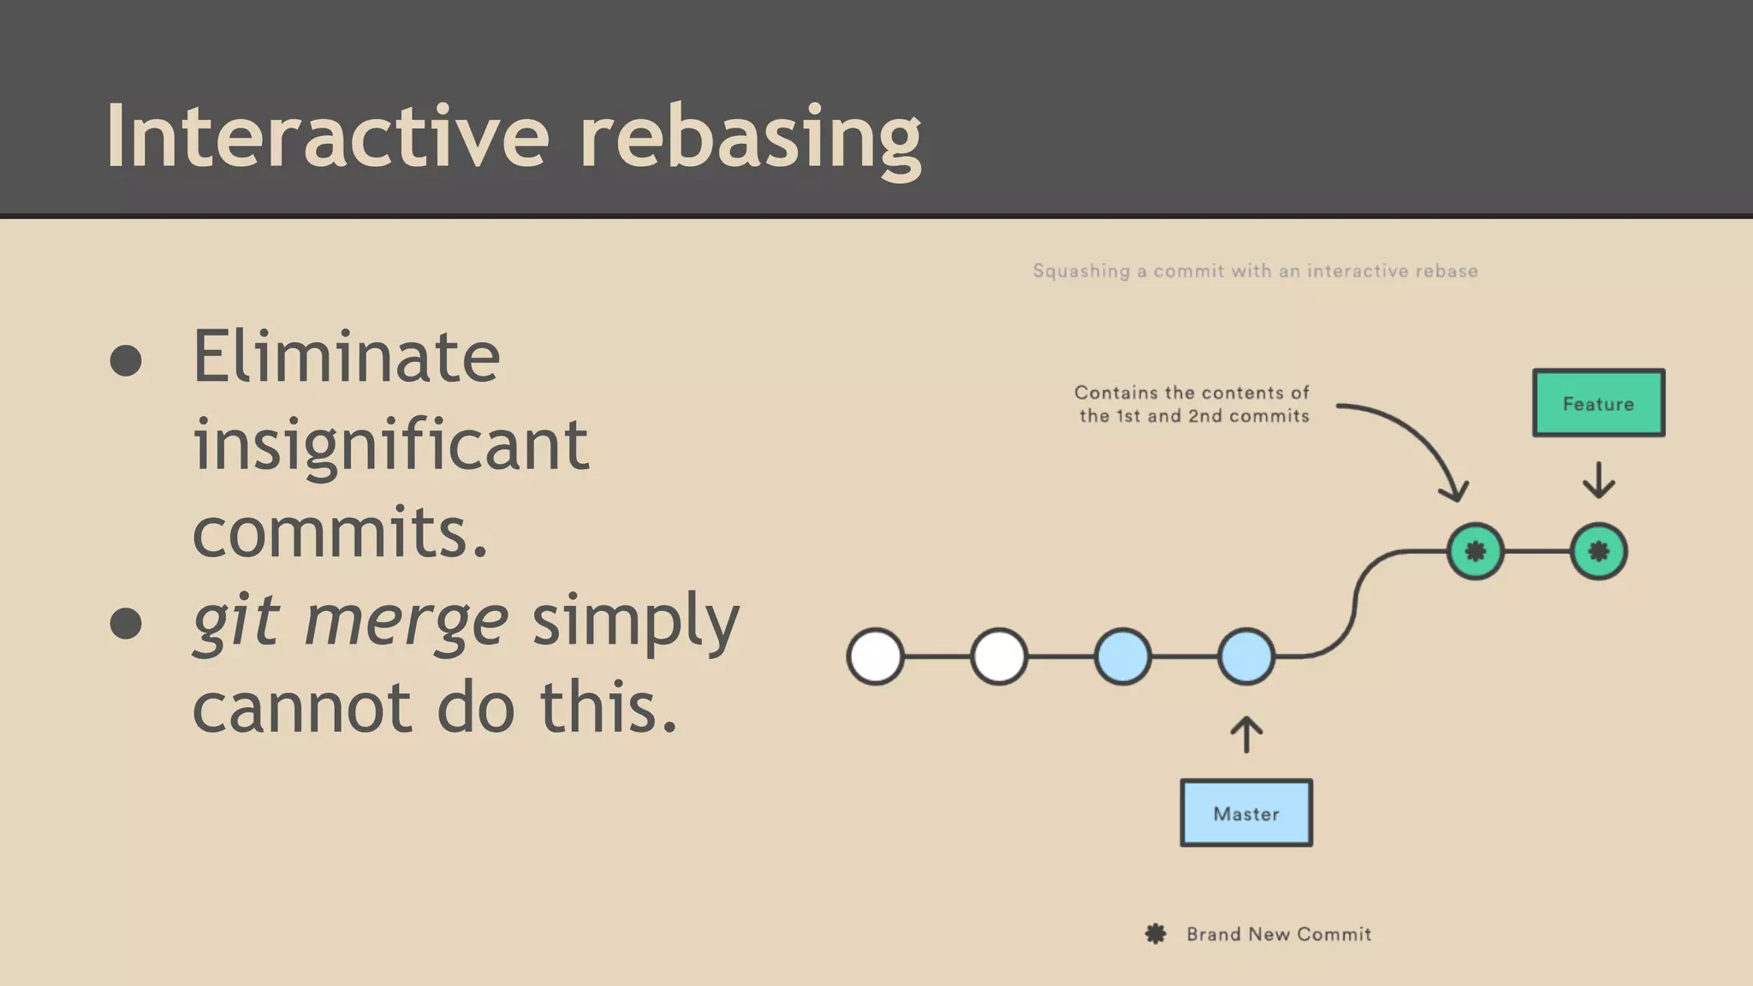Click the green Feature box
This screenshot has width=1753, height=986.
pos(1598,403)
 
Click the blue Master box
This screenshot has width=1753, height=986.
pos(1246,813)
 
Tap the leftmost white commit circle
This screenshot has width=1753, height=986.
pos(875,656)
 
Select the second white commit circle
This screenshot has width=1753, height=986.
pos(999,656)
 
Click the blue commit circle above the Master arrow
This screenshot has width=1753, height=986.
pos(1246,656)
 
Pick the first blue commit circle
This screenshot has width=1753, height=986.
pos(1122,656)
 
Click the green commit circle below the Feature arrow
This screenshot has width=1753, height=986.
pos(1598,551)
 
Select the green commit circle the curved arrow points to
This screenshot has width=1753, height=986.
pos(1475,551)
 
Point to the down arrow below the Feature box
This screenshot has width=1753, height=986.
pos(1598,481)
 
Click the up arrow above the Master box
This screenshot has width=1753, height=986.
pos(1246,734)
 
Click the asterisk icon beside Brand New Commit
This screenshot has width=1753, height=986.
pos(1156,934)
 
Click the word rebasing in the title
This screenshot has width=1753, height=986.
pos(750,137)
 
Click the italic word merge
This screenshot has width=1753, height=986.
pos(406,621)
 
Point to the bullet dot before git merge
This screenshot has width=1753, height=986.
pos(126,623)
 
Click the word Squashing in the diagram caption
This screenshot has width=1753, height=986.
pos(1081,271)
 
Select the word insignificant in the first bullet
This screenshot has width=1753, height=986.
pos(390,445)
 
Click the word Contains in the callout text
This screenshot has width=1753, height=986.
pos(1115,393)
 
